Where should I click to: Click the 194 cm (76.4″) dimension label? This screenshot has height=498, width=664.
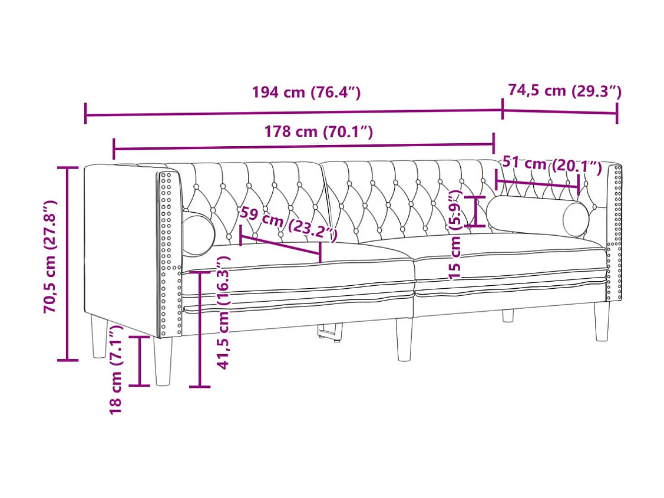point(306,92)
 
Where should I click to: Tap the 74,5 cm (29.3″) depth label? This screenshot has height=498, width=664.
point(564,91)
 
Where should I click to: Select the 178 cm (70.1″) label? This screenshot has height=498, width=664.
point(318,131)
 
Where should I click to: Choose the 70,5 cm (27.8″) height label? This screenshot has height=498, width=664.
point(50,256)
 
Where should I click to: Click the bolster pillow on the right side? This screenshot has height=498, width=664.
point(537,216)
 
